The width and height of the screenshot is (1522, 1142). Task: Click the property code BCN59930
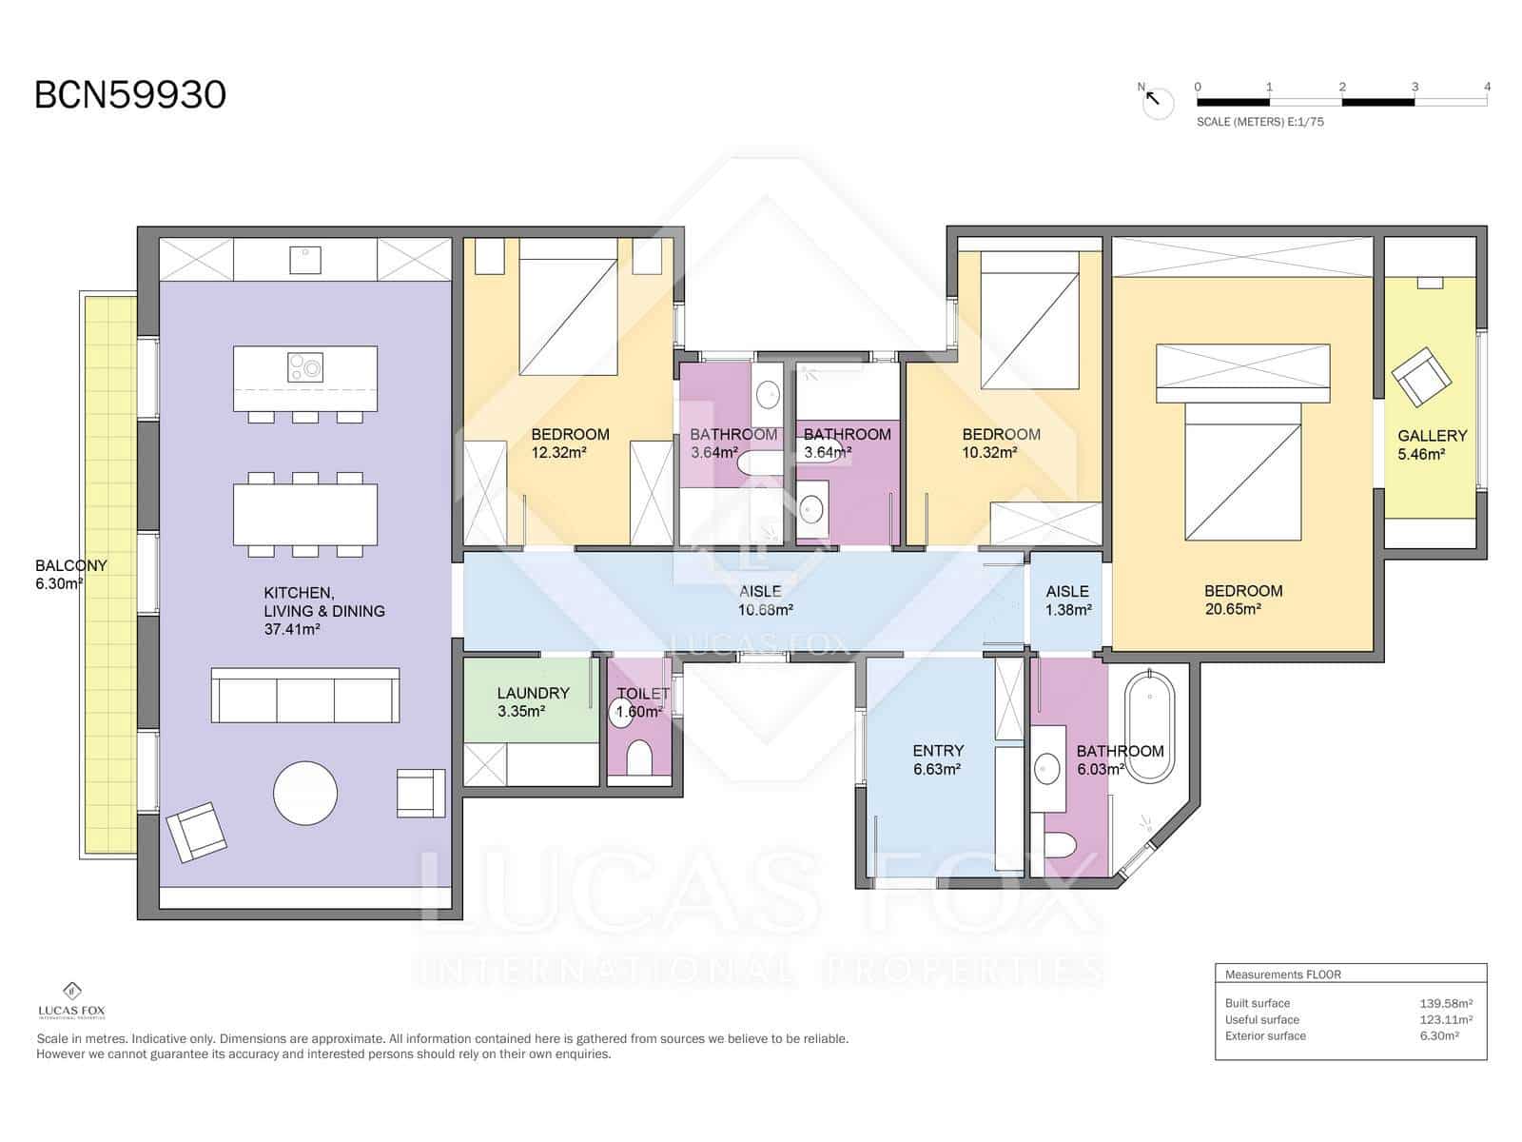click(130, 95)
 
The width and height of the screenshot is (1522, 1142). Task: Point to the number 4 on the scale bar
click(1487, 87)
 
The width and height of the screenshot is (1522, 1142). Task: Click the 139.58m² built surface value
click(1445, 1003)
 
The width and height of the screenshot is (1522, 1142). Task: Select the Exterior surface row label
click(1265, 1036)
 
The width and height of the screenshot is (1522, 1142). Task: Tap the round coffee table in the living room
click(305, 793)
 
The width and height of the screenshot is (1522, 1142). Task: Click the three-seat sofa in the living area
click(304, 696)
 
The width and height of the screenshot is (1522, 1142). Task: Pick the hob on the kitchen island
click(305, 366)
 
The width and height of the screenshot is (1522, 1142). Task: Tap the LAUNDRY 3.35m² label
click(533, 701)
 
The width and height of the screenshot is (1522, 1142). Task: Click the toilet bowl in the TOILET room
click(639, 759)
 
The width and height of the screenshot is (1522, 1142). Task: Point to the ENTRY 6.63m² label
click(937, 759)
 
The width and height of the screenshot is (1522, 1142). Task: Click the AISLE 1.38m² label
click(1067, 601)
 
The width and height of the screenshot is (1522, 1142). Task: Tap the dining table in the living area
click(305, 515)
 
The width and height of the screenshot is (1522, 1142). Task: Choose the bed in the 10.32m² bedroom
click(1029, 319)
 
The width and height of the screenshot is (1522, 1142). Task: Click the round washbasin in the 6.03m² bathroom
click(1047, 767)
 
